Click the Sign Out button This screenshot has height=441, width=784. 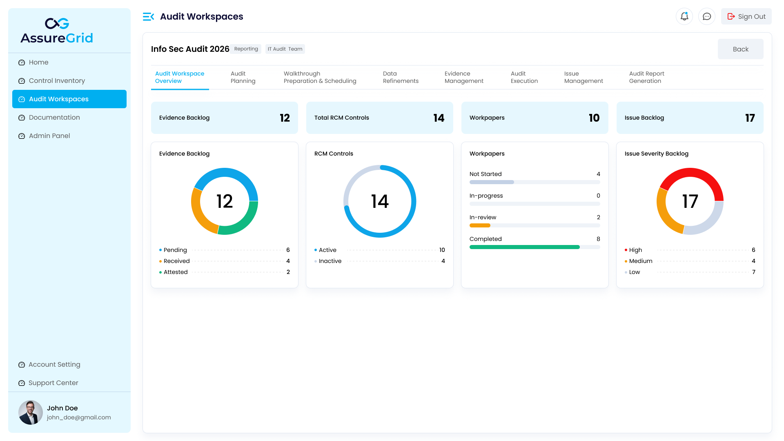click(x=746, y=16)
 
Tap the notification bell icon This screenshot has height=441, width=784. click(x=684, y=16)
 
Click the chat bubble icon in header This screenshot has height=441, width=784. click(x=707, y=16)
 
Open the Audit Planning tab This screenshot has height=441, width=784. click(x=243, y=77)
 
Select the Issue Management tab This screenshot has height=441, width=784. click(x=584, y=77)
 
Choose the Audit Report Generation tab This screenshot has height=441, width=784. click(x=646, y=77)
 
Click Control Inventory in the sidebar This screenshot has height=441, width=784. click(x=57, y=80)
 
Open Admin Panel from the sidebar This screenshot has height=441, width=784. click(x=49, y=136)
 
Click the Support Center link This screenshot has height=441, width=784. click(x=53, y=383)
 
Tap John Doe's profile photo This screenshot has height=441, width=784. click(x=31, y=412)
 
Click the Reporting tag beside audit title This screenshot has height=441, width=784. click(x=246, y=49)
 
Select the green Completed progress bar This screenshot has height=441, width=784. click(x=524, y=247)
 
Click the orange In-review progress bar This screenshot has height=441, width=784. click(x=480, y=225)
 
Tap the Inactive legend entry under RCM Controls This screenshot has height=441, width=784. click(x=330, y=261)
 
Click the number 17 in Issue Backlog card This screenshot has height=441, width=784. click(x=750, y=118)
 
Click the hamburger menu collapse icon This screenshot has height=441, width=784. click(x=148, y=17)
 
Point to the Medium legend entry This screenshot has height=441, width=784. click(x=640, y=261)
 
